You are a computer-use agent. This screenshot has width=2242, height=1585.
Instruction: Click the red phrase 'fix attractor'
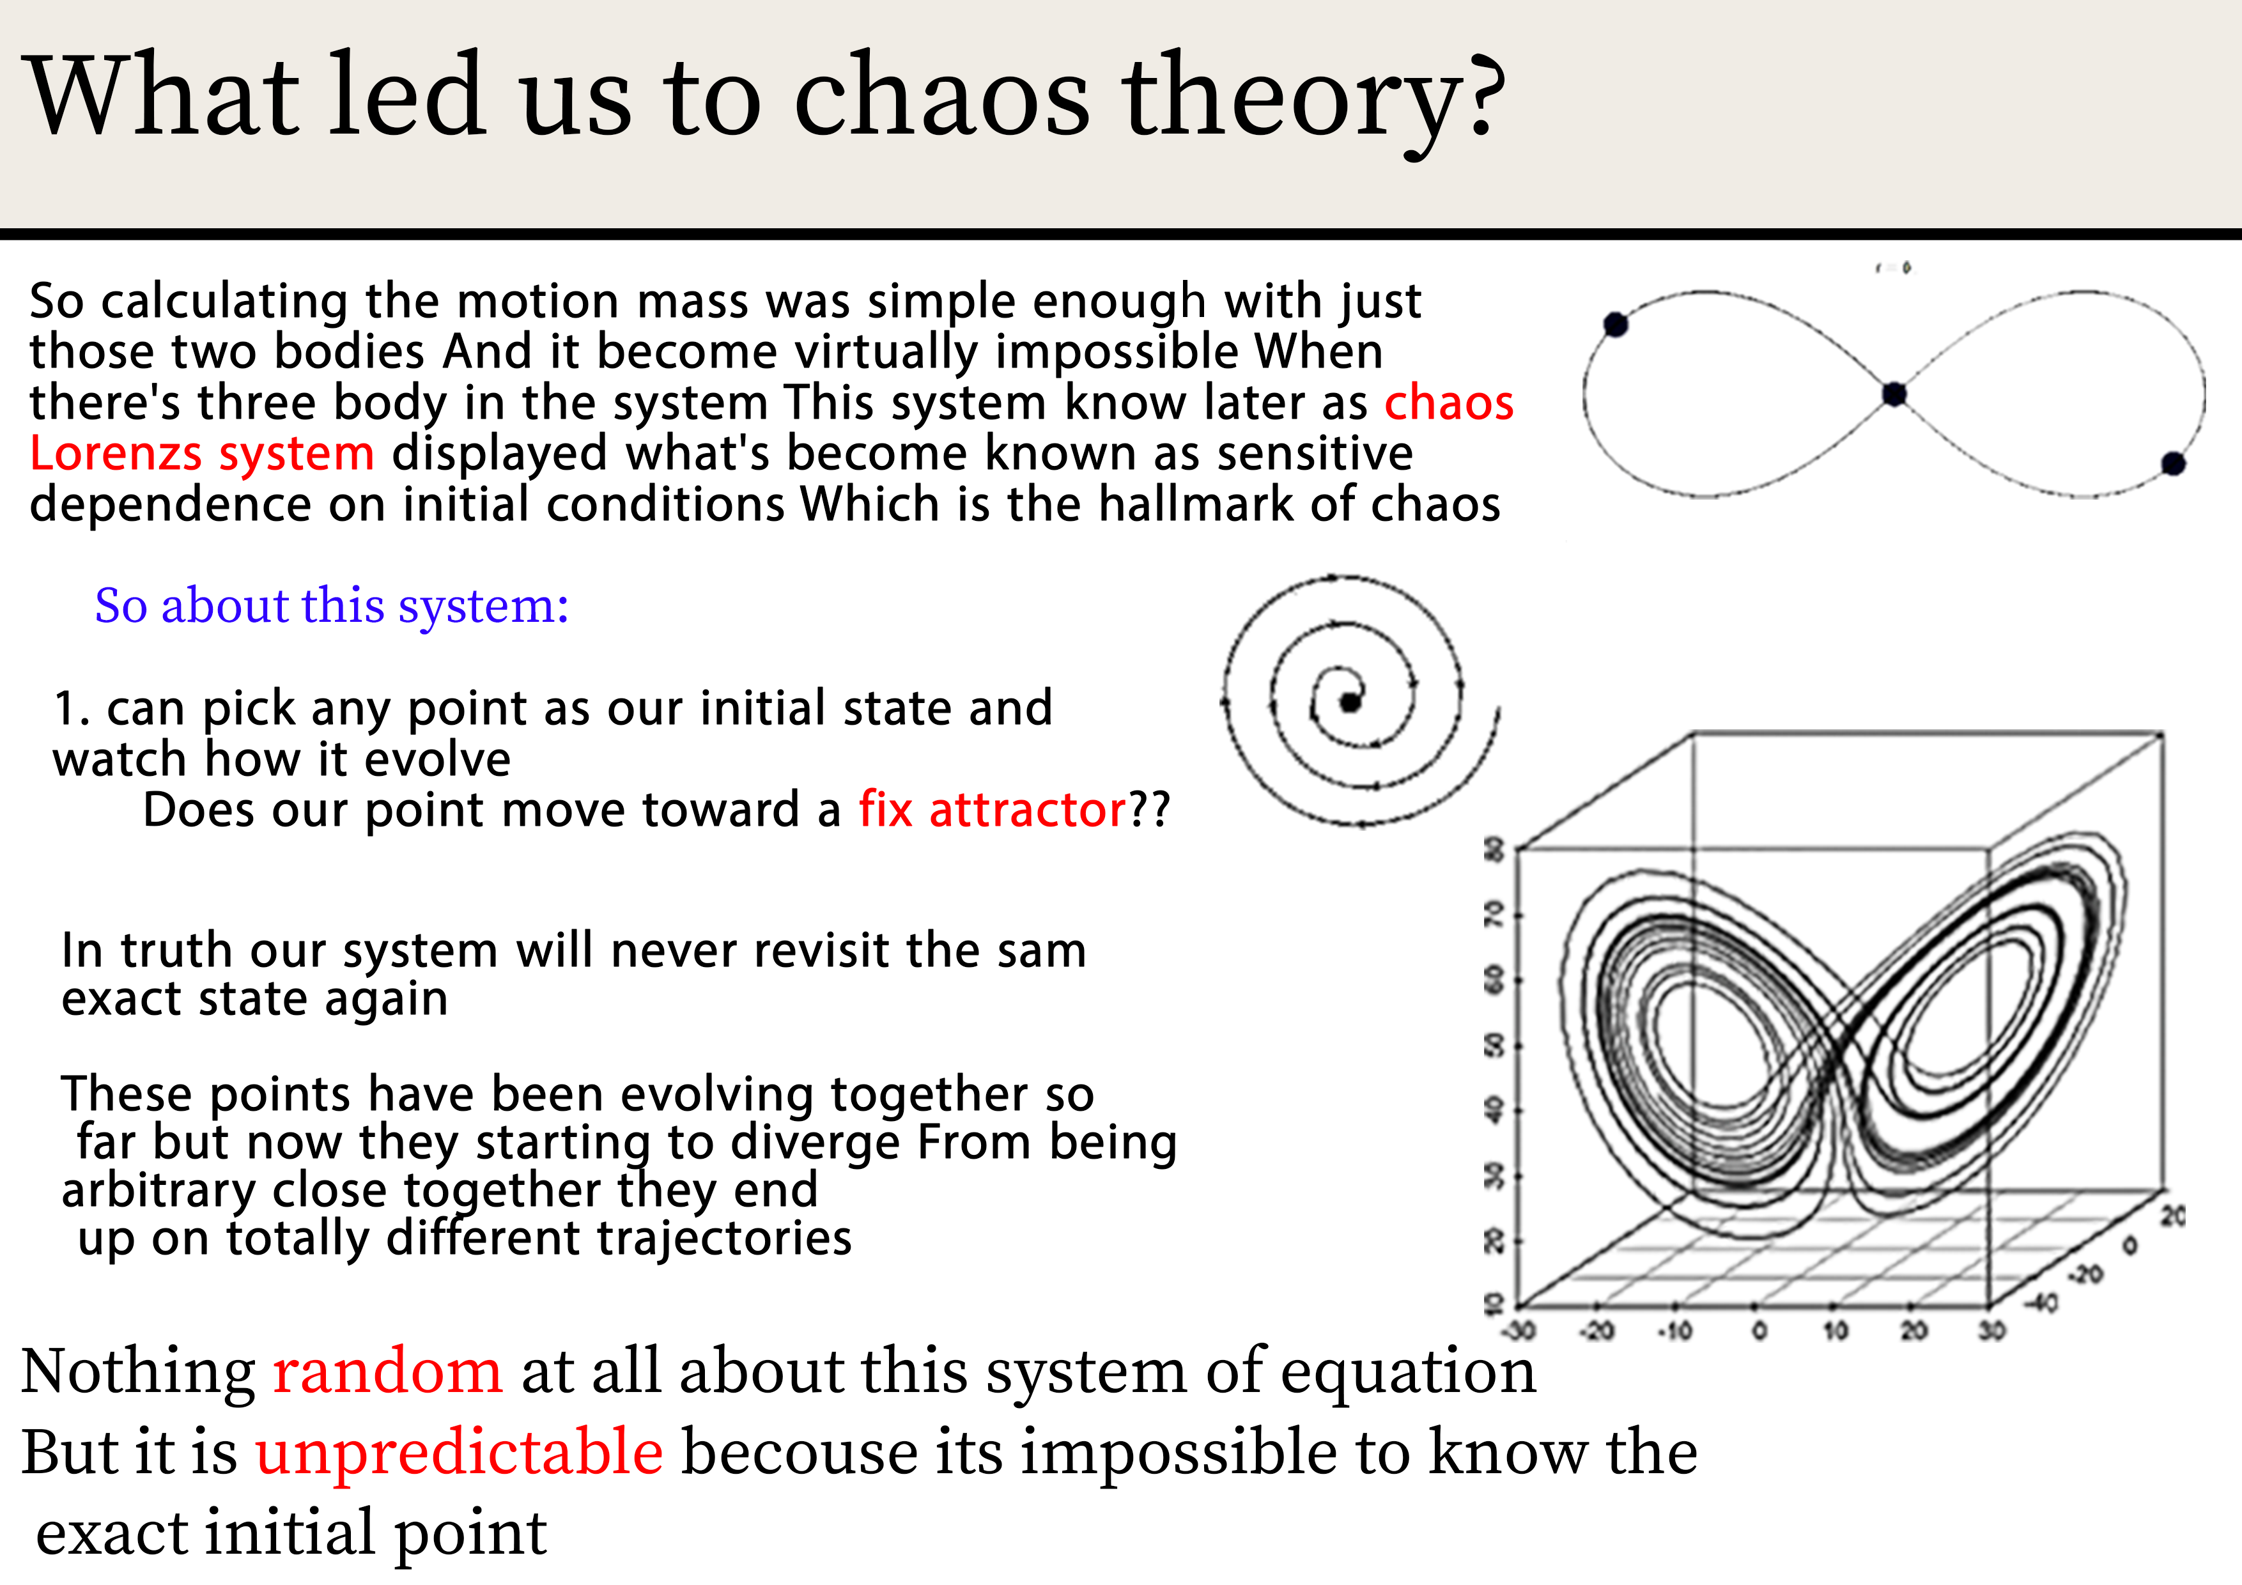point(992,810)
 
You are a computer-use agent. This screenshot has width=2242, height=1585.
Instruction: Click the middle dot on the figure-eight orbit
point(1894,394)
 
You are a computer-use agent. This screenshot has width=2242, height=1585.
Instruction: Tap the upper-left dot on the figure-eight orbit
point(1616,324)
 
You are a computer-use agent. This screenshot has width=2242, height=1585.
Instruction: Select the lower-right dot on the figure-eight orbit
point(2173,464)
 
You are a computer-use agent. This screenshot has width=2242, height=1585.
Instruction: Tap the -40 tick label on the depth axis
point(2041,1303)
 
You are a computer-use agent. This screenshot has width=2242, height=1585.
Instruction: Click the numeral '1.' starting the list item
point(72,709)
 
